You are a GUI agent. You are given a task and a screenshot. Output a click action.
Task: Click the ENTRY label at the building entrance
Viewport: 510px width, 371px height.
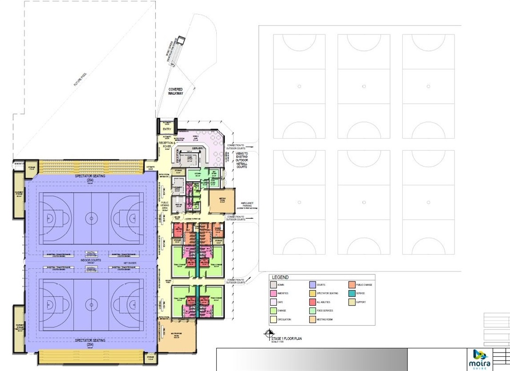click(x=167, y=128)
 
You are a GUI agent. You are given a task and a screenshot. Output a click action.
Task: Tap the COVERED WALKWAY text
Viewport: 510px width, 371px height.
click(x=175, y=91)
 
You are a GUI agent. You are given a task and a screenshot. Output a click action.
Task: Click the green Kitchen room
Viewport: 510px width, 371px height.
click(x=195, y=175)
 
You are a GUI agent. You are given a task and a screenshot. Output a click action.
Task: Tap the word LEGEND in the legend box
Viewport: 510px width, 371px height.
click(x=280, y=278)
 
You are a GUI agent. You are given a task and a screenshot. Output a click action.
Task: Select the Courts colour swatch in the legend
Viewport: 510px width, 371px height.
click(x=312, y=285)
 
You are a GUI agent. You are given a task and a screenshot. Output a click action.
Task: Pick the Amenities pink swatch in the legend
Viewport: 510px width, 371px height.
click(x=273, y=294)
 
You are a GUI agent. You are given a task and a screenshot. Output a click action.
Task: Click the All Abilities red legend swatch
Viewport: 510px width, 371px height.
click(x=312, y=302)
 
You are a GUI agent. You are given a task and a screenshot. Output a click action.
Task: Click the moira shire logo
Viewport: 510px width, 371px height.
click(x=479, y=359)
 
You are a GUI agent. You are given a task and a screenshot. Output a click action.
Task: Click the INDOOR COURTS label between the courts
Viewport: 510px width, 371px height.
click(x=91, y=260)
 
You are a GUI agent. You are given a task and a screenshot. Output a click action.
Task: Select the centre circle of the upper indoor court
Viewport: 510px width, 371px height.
click(x=91, y=218)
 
